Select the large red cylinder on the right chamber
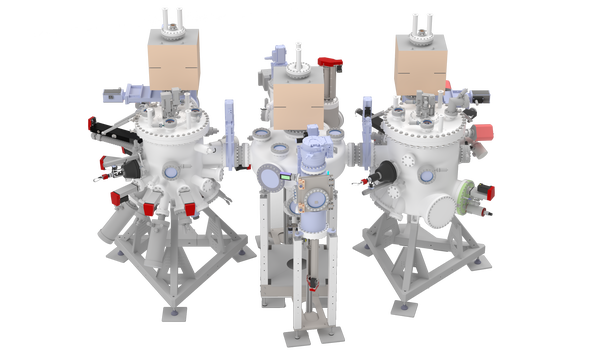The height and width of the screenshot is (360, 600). point(484,131)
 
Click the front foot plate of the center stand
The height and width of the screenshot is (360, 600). point(310,331)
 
